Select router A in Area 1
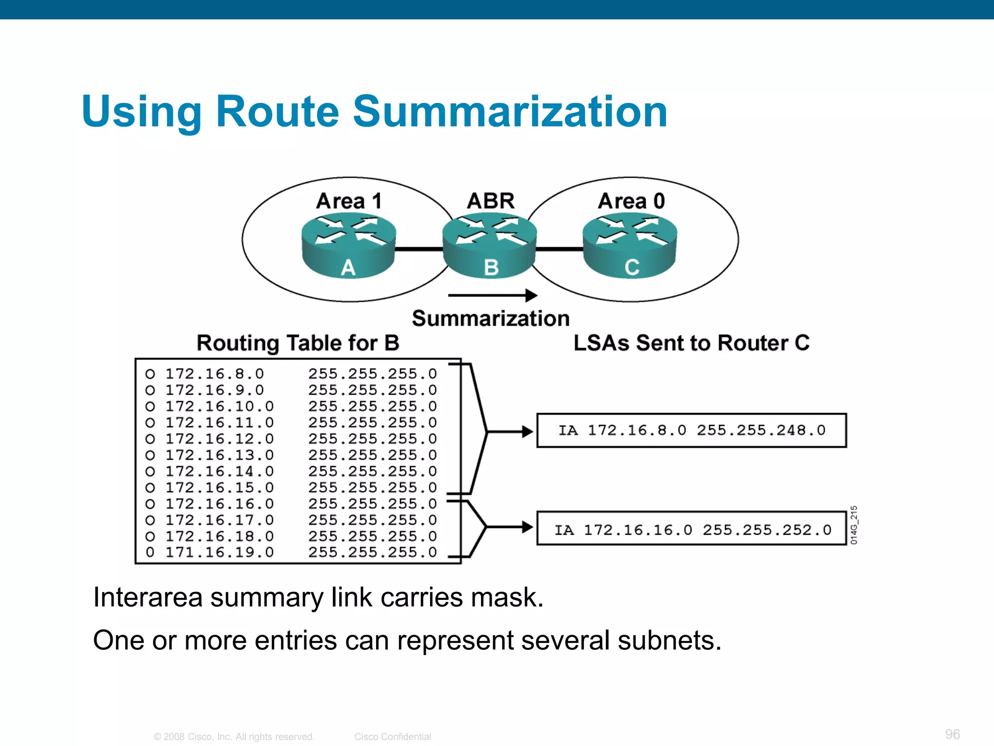pyautogui.click(x=348, y=247)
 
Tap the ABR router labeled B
pyautogui.click(x=490, y=247)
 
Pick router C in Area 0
pyautogui.click(x=630, y=247)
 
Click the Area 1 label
pyautogui.click(x=349, y=201)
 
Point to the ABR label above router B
pyautogui.click(x=491, y=201)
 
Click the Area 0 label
pyautogui.click(x=631, y=201)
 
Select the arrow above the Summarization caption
pyautogui.click(x=492, y=295)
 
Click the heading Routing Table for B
pyautogui.click(x=298, y=343)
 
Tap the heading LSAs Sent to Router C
pyautogui.click(x=691, y=343)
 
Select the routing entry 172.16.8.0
pyautogui.click(x=215, y=374)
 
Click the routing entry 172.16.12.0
pyautogui.click(x=219, y=439)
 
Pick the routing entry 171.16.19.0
pyautogui.click(x=219, y=553)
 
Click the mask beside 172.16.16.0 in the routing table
pyautogui.click(x=372, y=504)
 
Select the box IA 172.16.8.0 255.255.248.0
pyautogui.click(x=691, y=430)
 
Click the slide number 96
pyautogui.click(x=952, y=734)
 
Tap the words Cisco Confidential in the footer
pyautogui.click(x=393, y=737)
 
